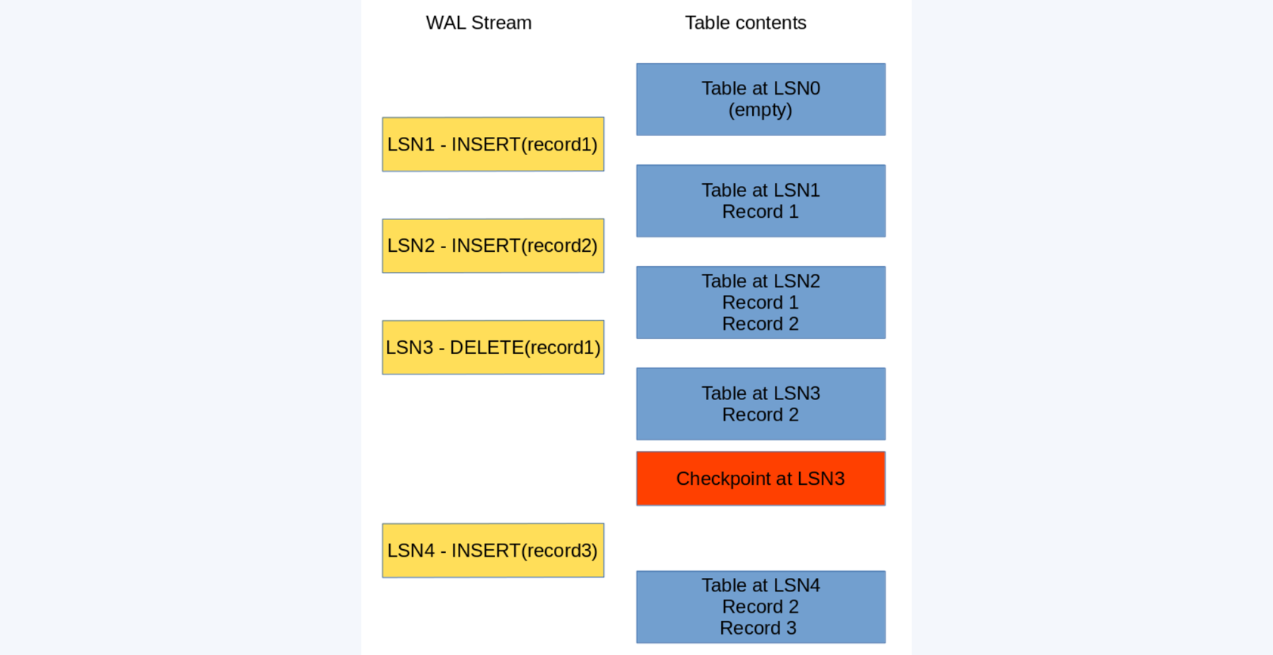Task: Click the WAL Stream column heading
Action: click(479, 23)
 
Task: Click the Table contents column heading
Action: click(745, 23)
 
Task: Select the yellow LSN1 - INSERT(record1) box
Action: click(493, 144)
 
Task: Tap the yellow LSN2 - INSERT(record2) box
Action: click(493, 246)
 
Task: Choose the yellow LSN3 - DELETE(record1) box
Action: click(493, 347)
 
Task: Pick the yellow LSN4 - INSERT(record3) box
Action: click(493, 551)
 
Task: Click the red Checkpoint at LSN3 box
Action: click(760, 479)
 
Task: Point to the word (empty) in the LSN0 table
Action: click(760, 110)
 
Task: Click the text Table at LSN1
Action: click(760, 190)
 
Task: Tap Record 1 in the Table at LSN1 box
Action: click(760, 212)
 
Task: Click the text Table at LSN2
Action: click(760, 281)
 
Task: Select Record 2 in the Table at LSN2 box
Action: click(760, 324)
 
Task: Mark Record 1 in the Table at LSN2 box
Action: click(760, 303)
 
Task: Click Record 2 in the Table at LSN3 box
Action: click(760, 414)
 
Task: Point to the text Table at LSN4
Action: click(760, 585)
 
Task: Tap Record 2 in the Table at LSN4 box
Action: click(760, 607)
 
